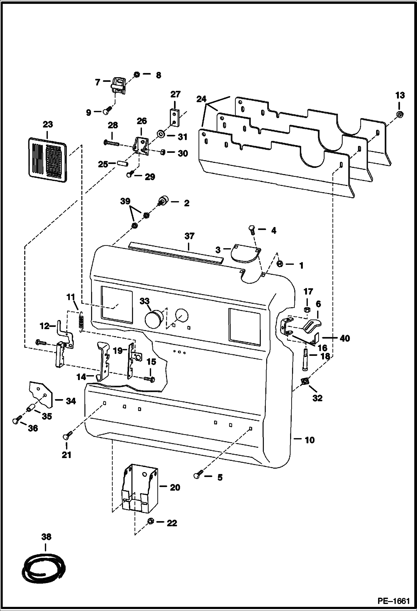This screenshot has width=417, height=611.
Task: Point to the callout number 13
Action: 400,95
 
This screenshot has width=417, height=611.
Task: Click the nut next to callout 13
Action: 399,114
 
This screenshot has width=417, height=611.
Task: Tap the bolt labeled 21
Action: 67,436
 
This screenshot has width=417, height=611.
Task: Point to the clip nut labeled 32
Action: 305,381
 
